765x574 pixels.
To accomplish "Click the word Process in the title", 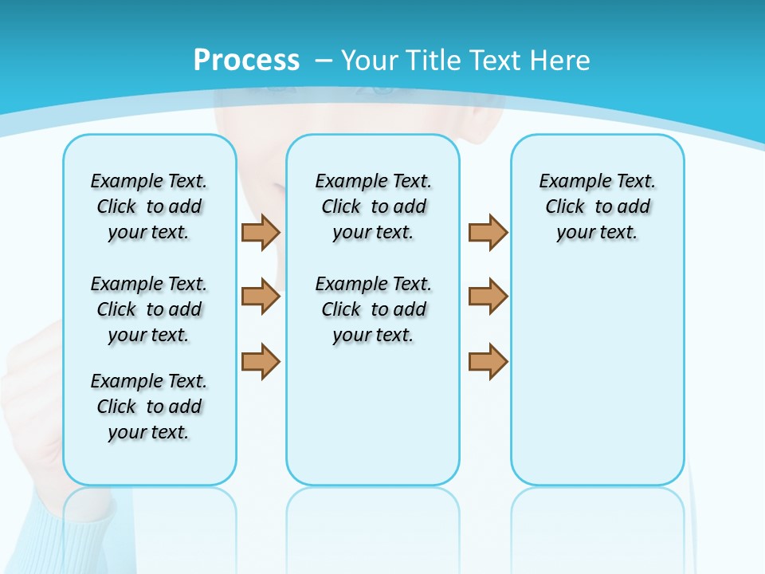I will (x=246, y=61).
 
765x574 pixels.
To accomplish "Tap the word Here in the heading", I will (x=559, y=61).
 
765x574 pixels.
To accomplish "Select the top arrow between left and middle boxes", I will (x=261, y=232).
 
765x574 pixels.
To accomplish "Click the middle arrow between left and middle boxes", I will (x=261, y=297).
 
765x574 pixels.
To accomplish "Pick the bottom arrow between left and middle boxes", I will (x=261, y=361).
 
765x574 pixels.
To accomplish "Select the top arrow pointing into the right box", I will (x=488, y=232).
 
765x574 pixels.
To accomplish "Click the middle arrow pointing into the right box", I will (x=488, y=297).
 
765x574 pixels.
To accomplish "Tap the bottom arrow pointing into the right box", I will (x=488, y=361).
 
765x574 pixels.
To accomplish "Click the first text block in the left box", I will (x=149, y=206).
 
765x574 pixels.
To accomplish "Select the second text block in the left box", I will (x=149, y=309).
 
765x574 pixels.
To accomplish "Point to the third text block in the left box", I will (x=149, y=407).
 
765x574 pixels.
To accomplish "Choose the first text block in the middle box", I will (x=373, y=206).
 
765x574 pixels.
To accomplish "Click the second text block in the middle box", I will (x=373, y=309).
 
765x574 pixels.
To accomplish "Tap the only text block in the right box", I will (x=597, y=206).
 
